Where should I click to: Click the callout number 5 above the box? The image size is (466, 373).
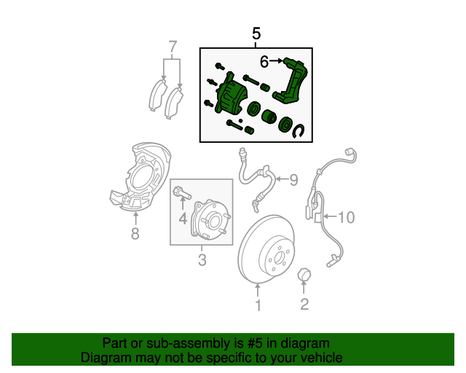[256, 34]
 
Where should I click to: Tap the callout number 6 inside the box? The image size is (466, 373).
[264, 62]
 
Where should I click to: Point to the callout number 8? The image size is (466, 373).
[135, 234]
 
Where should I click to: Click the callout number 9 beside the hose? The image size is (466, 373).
[294, 179]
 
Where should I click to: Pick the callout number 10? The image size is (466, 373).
[345, 216]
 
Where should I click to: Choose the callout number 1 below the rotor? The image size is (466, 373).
[257, 305]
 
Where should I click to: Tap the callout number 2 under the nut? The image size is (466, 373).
[304, 305]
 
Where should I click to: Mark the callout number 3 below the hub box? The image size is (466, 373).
[202, 260]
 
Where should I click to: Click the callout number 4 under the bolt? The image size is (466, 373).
[183, 218]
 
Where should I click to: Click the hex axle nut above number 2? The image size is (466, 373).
[304, 275]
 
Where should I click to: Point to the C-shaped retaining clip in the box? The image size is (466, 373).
[300, 130]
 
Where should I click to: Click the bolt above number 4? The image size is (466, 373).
[181, 195]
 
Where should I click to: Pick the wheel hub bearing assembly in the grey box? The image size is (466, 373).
[210, 219]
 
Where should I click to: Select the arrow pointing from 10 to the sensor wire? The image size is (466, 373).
[329, 216]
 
